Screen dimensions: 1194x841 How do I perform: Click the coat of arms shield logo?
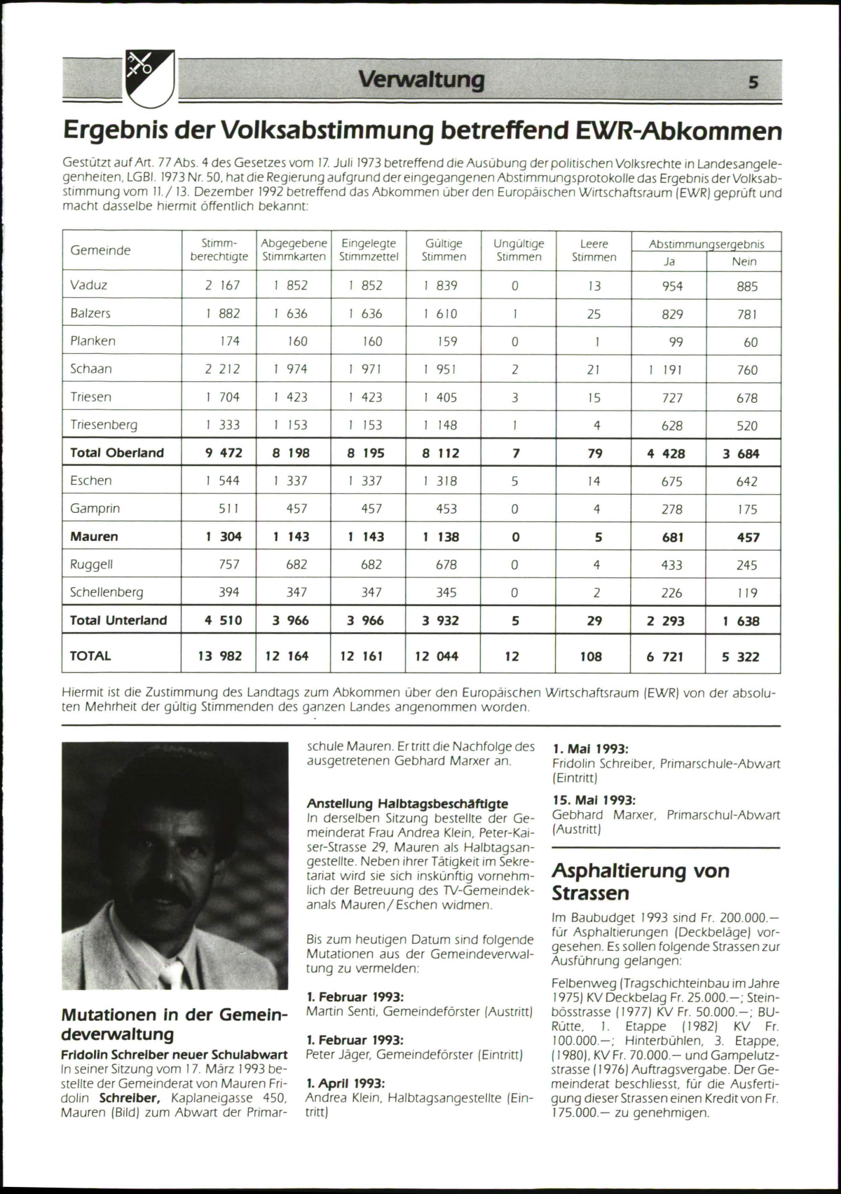pos(149,79)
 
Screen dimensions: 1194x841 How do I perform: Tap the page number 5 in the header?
pos(753,82)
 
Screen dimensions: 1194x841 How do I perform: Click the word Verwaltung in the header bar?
pos(421,80)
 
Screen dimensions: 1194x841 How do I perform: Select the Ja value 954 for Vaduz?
pos(672,286)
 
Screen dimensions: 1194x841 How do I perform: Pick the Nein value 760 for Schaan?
pos(747,369)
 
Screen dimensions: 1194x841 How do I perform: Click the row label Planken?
pos(93,341)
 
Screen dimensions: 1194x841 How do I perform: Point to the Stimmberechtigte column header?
pos(219,250)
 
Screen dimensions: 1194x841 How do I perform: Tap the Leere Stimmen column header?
pos(594,250)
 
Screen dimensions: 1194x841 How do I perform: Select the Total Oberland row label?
pos(117,453)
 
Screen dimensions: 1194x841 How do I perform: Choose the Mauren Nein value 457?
pos(748,537)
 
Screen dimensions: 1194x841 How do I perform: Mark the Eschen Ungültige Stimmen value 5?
pos(514,481)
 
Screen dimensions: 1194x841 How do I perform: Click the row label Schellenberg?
pos(107,592)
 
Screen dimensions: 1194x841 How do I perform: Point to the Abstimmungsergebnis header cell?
pos(706,244)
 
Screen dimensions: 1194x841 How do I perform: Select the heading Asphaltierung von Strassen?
pos(641,881)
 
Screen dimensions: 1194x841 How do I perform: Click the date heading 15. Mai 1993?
pos(594,800)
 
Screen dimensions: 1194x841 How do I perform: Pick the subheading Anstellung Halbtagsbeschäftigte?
pos(407,804)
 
